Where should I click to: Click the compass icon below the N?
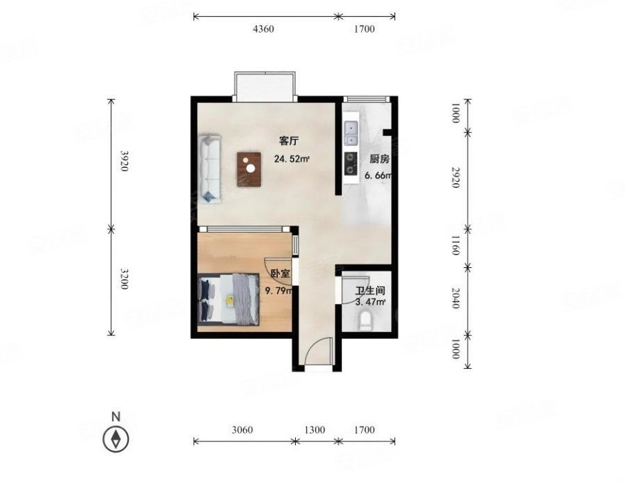[x=116, y=439]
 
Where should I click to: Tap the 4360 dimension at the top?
[x=264, y=29]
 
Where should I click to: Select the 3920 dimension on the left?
[x=125, y=161]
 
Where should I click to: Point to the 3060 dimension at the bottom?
[x=242, y=429]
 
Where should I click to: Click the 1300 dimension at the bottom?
[x=315, y=429]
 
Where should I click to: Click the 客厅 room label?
[x=289, y=141]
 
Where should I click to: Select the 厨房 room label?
[x=379, y=159]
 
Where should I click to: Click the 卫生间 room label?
[x=370, y=290]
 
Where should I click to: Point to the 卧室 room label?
[x=280, y=274]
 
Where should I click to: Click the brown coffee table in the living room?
[x=248, y=169]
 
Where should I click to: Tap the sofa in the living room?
[x=210, y=170]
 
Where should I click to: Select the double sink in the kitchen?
[x=351, y=134]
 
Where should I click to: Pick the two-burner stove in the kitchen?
[x=351, y=164]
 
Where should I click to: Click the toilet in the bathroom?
[x=365, y=321]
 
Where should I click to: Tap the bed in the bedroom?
[x=228, y=299]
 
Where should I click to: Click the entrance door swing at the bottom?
[x=319, y=351]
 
